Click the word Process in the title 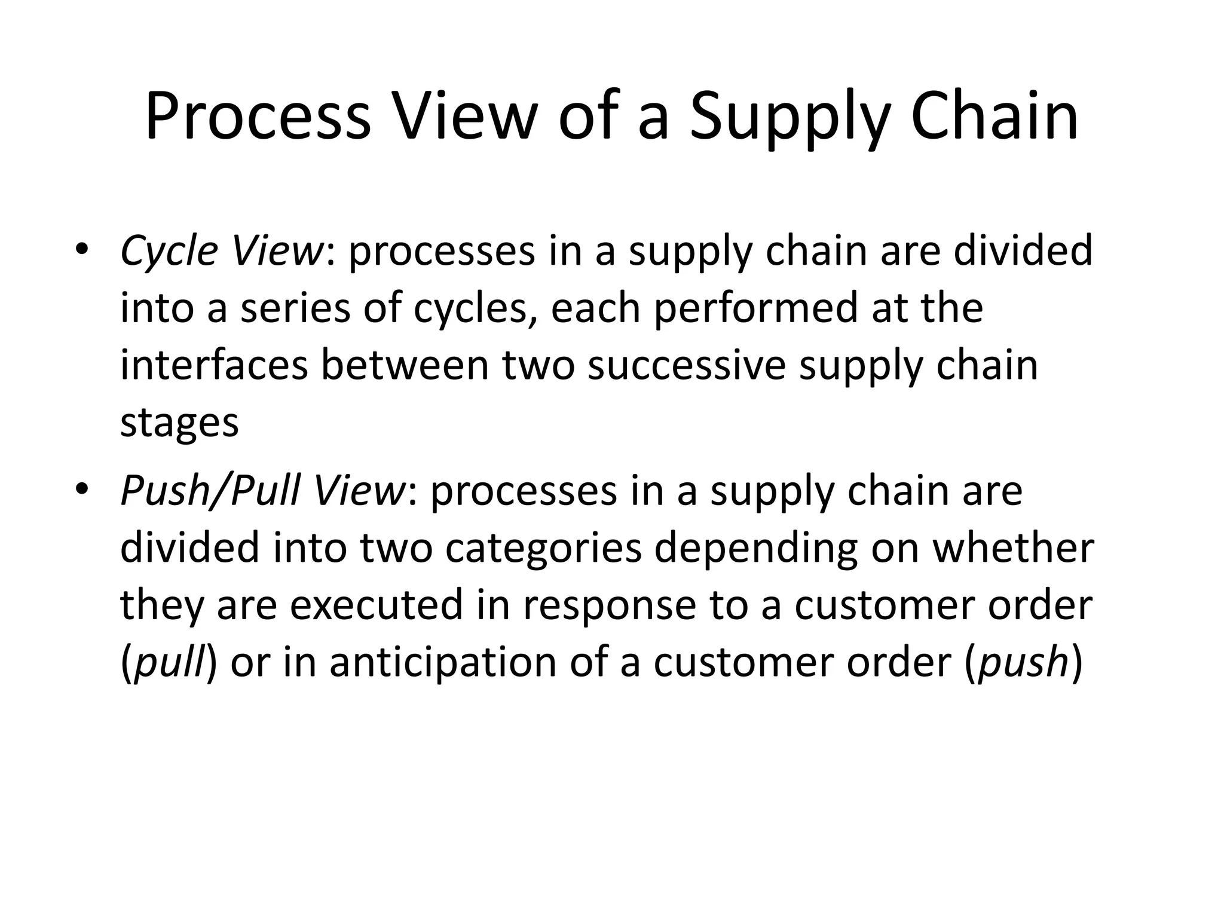[x=257, y=117]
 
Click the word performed [x=756, y=309]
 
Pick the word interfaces [x=214, y=366]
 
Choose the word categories [x=543, y=549]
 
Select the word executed [x=377, y=605]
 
